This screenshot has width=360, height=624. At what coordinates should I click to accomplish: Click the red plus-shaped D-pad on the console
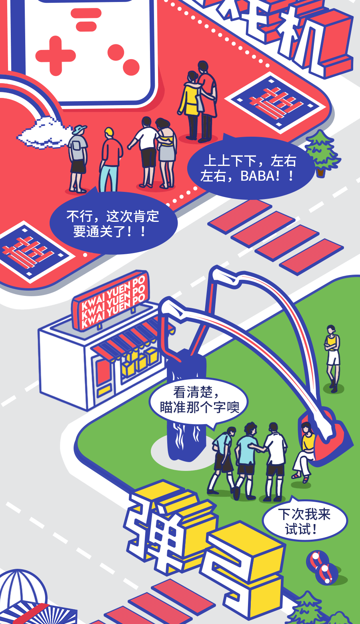coord(56,56)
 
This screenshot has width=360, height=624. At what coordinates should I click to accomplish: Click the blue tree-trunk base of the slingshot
coord(186,420)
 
